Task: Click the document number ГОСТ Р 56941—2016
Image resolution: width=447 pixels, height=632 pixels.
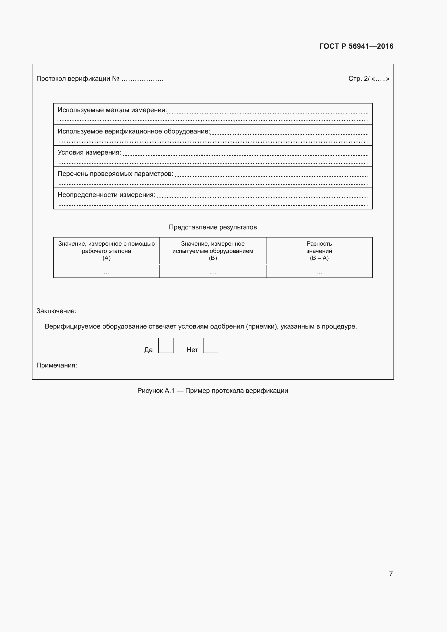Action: (356, 46)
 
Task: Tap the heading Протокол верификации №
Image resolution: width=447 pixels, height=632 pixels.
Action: (78, 79)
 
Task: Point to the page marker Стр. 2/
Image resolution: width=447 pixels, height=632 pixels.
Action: (359, 79)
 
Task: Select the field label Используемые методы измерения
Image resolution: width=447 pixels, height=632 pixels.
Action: (112, 110)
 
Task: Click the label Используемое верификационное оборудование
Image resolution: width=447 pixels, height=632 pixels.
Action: (134, 131)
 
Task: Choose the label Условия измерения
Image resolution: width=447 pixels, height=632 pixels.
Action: (89, 152)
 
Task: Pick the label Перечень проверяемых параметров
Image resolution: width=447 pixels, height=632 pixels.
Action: (115, 174)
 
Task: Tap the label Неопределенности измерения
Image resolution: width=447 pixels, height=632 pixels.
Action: (106, 195)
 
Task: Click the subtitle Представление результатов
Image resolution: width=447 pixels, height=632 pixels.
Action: (213, 227)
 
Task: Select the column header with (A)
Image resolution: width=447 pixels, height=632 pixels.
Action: (106, 251)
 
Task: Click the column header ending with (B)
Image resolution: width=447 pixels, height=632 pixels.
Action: (213, 251)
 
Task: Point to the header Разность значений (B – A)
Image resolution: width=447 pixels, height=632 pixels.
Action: (319, 251)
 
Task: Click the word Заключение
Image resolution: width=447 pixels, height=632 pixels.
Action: (56, 311)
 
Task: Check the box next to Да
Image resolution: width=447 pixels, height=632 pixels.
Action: (166, 346)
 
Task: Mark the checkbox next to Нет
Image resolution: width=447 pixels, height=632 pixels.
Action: (211, 346)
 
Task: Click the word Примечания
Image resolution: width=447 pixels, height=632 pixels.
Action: (57, 365)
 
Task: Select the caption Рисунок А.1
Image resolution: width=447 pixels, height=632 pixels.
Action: (212, 391)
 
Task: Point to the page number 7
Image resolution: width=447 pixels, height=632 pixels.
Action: (391, 574)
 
